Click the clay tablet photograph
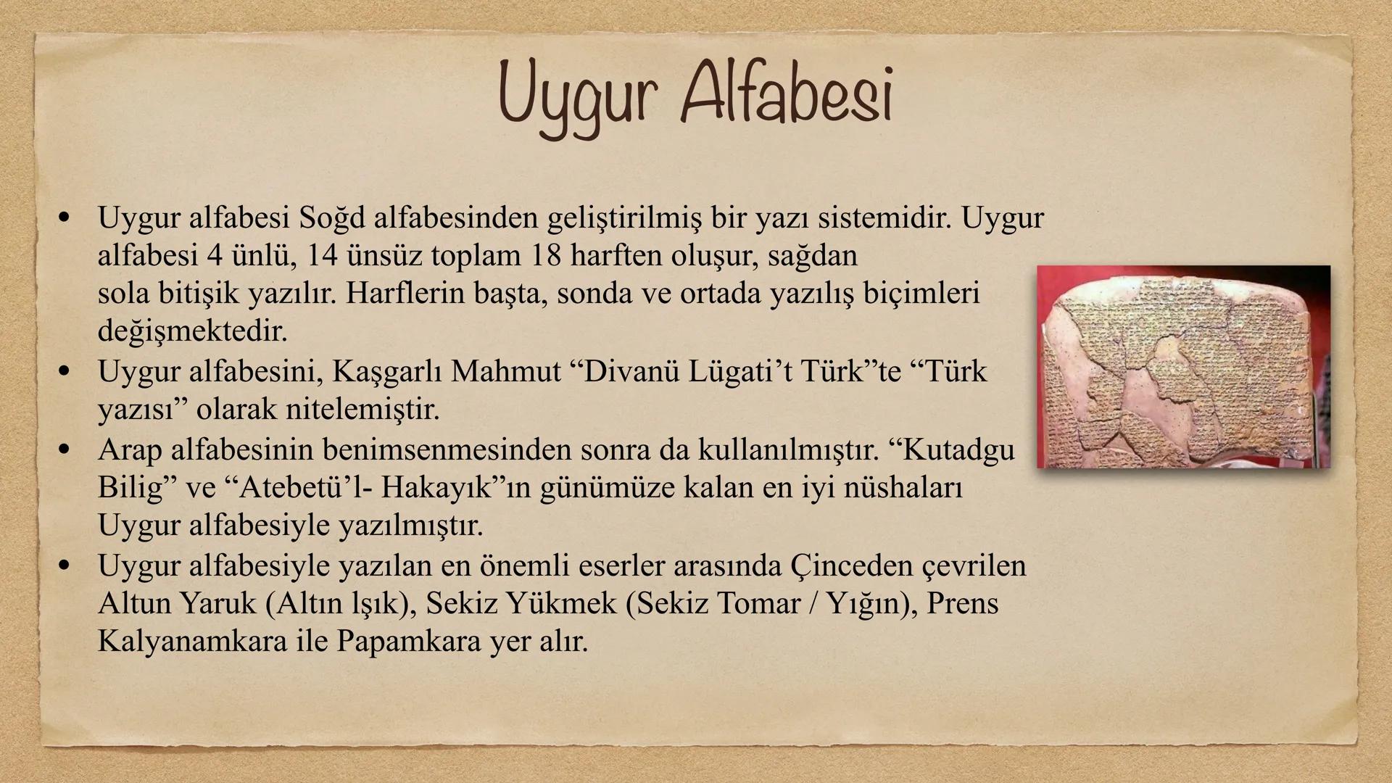(1183, 367)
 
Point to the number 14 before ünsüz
(323, 255)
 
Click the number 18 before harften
(546, 255)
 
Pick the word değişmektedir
(193, 331)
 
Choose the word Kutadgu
(957, 450)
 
